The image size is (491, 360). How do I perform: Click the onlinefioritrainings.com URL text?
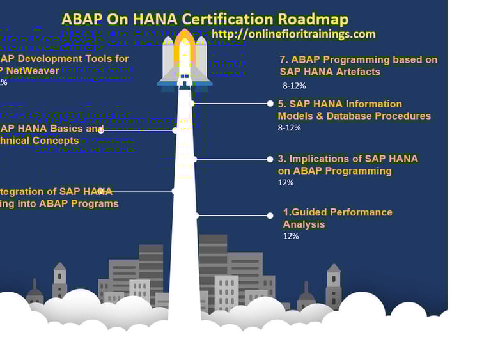click(293, 34)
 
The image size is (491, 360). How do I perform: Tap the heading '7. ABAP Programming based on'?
click(359, 59)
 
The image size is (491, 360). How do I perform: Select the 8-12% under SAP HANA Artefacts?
click(294, 85)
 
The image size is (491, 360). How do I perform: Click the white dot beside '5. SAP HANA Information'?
click(270, 103)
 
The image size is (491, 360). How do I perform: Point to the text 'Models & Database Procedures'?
click(354, 116)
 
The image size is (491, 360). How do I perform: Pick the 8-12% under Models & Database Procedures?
click(289, 127)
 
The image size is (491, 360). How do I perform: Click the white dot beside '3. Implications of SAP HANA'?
click(270, 158)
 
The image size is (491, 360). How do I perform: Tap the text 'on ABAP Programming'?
click(334, 171)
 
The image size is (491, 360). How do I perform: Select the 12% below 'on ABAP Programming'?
click(285, 182)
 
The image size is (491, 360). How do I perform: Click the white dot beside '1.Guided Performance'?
click(270, 215)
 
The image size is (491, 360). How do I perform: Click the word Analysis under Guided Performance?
click(304, 224)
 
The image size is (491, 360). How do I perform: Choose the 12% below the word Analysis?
click(290, 236)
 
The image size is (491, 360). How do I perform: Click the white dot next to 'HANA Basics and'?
click(101, 130)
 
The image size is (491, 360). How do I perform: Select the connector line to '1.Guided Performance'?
click(233, 215)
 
